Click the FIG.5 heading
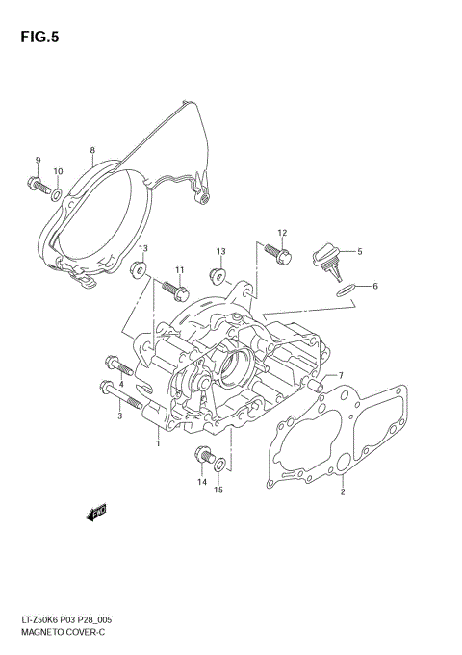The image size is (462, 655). [39, 38]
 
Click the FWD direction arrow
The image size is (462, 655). [96, 513]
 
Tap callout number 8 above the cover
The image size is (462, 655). [92, 150]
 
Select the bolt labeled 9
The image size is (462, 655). [38, 186]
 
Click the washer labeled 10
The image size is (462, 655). [57, 194]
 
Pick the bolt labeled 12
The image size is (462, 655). [278, 254]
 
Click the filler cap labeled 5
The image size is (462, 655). [327, 261]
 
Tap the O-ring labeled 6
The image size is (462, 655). [346, 290]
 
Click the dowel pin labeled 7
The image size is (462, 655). [316, 385]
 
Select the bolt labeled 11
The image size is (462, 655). [175, 290]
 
